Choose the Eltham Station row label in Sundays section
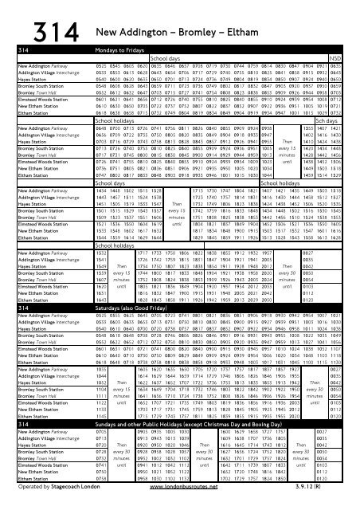(x=23, y=485)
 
